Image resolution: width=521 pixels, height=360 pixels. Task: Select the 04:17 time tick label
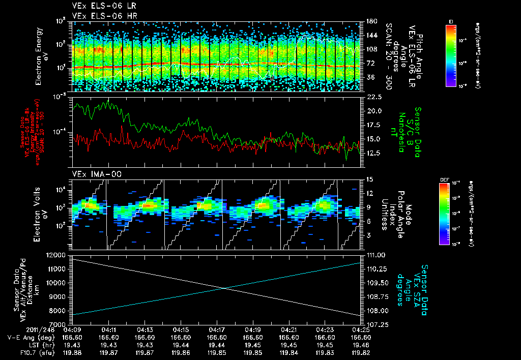(217, 329)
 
